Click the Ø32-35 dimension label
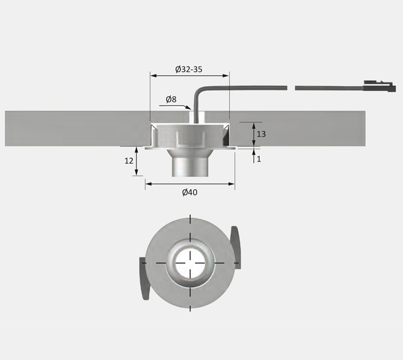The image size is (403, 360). [x=189, y=69]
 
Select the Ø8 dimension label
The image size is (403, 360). [x=171, y=99]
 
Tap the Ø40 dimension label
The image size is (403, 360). [x=189, y=192]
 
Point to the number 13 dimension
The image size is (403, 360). [x=262, y=134]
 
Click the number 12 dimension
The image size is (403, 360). [x=129, y=161]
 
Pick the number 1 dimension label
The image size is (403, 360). [x=259, y=159]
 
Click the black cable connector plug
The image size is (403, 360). [x=380, y=87]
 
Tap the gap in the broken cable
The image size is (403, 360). [x=291, y=88]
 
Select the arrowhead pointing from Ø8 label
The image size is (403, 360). [x=188, y=107]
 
